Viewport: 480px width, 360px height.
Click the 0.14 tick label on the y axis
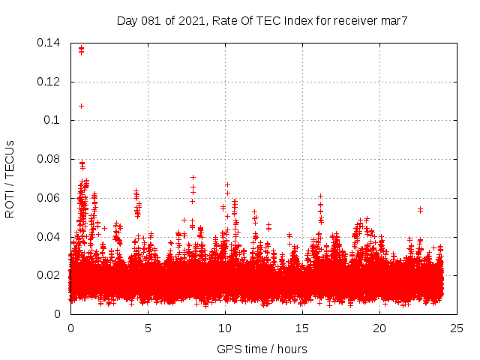(x=50, y=43)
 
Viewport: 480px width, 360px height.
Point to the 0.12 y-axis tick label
(x=50, y=82)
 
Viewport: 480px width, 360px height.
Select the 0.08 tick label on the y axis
(x=50, y=159)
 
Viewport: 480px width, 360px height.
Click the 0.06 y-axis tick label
(x=50, y=198)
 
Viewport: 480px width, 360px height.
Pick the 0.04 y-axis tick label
(x=50, y=237)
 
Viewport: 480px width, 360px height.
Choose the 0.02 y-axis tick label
(x=50, y=275)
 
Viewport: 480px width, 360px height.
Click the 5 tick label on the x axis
(x=148, y=328)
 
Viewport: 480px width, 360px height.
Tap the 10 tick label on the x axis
(x=225, y=328)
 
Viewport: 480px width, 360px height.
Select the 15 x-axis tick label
(x=302, y=328)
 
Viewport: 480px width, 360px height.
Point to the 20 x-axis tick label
(x=379, y=328)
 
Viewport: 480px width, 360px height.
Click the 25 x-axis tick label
(x=457, y=328)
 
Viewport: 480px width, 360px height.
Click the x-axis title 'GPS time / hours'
(x=262, y=349)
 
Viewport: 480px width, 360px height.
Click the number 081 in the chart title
(x=153, y=20)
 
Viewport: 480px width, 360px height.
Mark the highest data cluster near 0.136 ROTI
(x=81, y=50)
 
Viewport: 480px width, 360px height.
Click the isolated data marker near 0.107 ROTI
(x=81, y=106)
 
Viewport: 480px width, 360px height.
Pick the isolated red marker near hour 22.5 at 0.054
(x=420, y=209)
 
